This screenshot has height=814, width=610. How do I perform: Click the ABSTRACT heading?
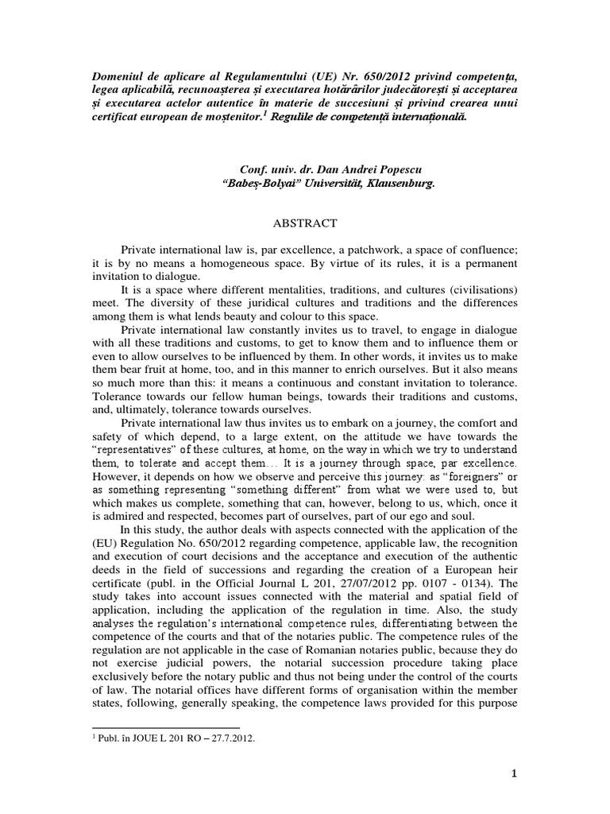click(x=304, y=223)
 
